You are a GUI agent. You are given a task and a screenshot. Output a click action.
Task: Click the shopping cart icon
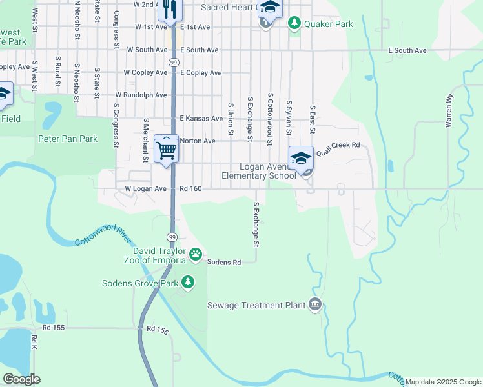167,150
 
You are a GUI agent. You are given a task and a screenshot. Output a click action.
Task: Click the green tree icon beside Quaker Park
294,24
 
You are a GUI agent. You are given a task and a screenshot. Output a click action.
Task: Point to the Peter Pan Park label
67,139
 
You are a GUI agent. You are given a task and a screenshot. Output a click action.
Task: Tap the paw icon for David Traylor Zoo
195,256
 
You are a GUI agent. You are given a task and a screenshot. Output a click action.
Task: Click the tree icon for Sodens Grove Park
188,282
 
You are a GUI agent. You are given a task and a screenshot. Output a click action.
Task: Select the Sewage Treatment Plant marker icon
314,304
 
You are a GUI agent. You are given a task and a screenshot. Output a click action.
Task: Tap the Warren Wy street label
449,111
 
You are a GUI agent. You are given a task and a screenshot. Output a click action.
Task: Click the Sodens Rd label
223,263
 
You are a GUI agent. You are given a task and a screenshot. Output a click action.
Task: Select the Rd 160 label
191,189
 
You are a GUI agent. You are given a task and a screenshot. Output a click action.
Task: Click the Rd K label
34,343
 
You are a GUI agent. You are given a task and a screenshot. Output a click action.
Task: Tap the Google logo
21,379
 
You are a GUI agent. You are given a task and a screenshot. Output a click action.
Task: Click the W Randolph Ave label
141,95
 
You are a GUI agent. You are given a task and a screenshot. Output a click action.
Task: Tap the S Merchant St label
147,140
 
